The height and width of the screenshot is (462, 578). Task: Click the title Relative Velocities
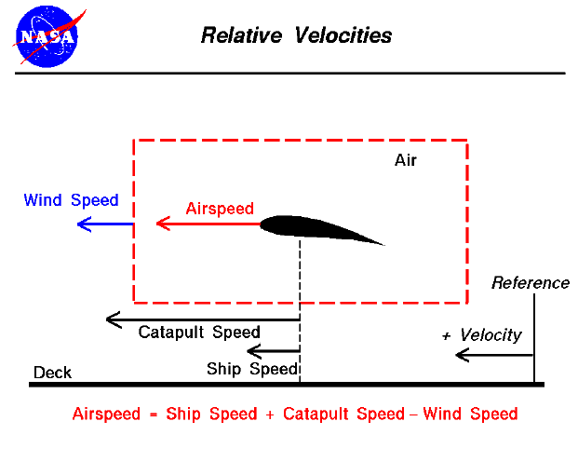click(297, 36)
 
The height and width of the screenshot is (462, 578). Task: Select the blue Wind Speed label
click(72, 200)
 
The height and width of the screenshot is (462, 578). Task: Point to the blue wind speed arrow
click(104, 224)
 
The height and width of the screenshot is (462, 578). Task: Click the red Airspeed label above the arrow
click(220, 209)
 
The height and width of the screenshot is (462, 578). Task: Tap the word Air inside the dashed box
click(405, 160)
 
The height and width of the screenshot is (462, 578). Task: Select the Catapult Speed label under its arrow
click(199, 333)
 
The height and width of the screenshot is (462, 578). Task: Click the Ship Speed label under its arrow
click(251, 368)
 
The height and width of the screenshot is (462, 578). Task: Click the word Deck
click(52, 374)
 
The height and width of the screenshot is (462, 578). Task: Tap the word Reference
click(530, 283)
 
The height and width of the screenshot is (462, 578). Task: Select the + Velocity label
click(482, 335)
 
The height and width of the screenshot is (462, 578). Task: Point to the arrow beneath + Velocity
click(493, 355)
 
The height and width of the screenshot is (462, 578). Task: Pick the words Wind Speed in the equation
click(470, 414)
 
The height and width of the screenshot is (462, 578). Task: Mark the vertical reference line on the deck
click(534, 335)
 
